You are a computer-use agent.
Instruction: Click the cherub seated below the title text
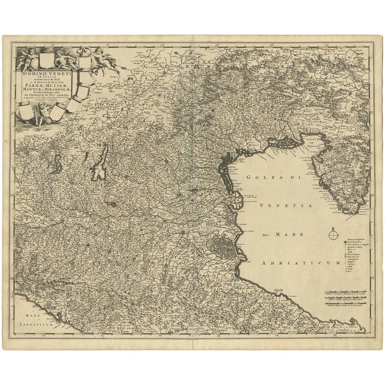pyautogui.click(x=41, y=114)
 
